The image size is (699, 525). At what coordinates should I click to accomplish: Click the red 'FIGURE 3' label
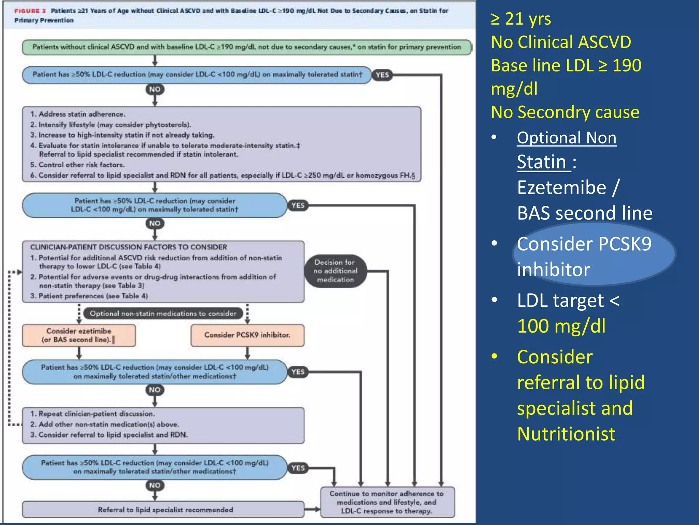tap(30, 11)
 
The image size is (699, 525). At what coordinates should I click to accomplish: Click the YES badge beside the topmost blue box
tap(382, 75)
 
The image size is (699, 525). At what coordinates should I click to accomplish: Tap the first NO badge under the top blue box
tap(155, 90)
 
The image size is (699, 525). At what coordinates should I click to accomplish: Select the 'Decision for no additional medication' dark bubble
tap(335, 271)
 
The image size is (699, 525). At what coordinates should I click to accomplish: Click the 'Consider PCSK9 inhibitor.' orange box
tap(247, 335)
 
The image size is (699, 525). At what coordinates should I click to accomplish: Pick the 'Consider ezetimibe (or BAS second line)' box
tap(79, 335)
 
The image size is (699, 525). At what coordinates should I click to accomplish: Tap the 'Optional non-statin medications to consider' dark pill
tap(163, 313)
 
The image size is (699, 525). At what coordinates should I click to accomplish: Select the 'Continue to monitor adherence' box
tap(387, 502)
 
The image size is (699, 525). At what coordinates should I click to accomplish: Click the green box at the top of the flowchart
tap(246, 47)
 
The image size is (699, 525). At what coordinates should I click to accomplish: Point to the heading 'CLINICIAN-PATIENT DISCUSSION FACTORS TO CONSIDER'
tap(128, 247)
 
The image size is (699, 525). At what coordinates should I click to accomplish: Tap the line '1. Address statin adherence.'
tap(78, 114)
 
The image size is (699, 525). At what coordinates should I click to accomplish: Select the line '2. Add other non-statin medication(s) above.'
tap(105, 424)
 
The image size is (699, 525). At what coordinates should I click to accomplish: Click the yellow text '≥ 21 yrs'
tap(521, 19)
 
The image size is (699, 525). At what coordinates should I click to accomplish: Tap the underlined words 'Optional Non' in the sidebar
tap(567, 138)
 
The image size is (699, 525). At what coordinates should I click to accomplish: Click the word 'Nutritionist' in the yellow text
tap(566, 434)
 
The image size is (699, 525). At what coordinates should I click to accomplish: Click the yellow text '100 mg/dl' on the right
tap(561, 326)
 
